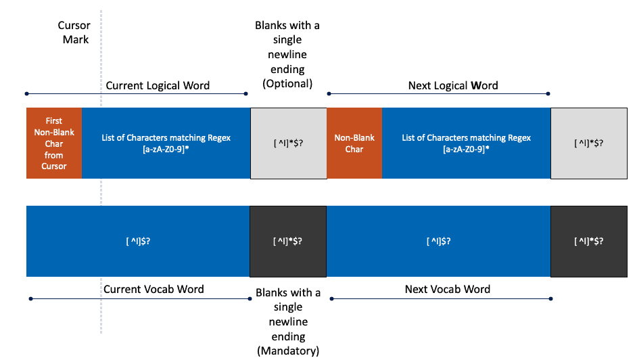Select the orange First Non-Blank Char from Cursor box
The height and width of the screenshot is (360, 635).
click(54, 143)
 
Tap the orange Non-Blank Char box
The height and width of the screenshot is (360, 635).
click(354, 143)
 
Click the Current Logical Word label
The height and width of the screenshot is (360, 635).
click(158, 85)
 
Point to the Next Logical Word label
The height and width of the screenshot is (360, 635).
click(452, 85)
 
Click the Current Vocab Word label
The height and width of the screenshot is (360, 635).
click(154, 289)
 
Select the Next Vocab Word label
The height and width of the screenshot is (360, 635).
click(447, 289)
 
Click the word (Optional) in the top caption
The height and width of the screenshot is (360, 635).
click(287, 84)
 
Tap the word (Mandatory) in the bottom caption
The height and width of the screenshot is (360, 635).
click(287, 351)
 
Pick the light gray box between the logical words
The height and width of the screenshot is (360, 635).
click(288, 143)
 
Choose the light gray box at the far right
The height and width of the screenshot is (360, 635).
click(588, 143)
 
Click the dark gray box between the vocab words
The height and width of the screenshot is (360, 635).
click(288, 241)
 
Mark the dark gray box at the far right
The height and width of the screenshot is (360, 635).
click(588, 241)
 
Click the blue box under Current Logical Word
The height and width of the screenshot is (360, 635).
click(166, 143)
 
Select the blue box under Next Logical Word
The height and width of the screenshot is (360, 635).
click(466, 143)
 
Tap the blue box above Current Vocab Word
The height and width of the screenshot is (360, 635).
click(138, 241)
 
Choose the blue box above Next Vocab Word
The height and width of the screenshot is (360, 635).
click(438, 241)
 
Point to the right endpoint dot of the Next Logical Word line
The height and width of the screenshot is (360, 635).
click(548, 93)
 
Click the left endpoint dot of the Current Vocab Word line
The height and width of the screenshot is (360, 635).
click(30, 298)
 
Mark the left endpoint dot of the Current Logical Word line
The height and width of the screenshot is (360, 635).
click(26, 93)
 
